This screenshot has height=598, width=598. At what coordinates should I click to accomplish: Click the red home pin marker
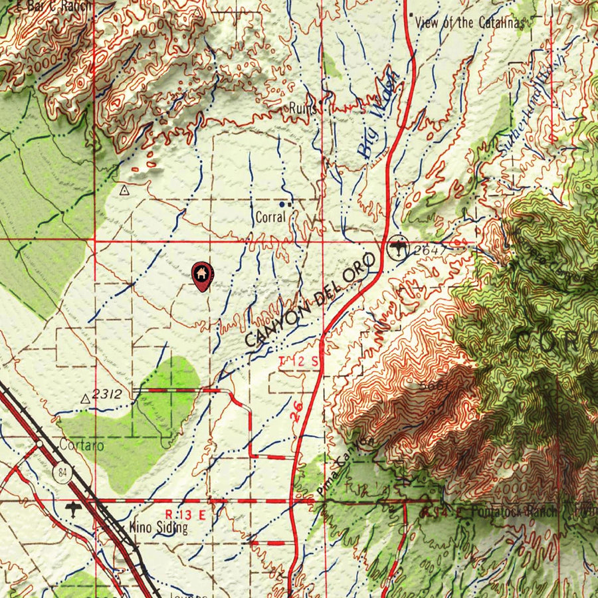click(201, 275)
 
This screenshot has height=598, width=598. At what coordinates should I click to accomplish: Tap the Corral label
click(270, 217)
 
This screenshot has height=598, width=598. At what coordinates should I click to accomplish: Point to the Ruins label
click(302, 108)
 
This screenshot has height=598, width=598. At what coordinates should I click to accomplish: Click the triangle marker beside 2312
click(85, 399)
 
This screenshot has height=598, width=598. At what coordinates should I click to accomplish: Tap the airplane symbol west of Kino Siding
click(73, 510)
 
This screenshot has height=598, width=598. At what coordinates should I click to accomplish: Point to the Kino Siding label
click(158, 528)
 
